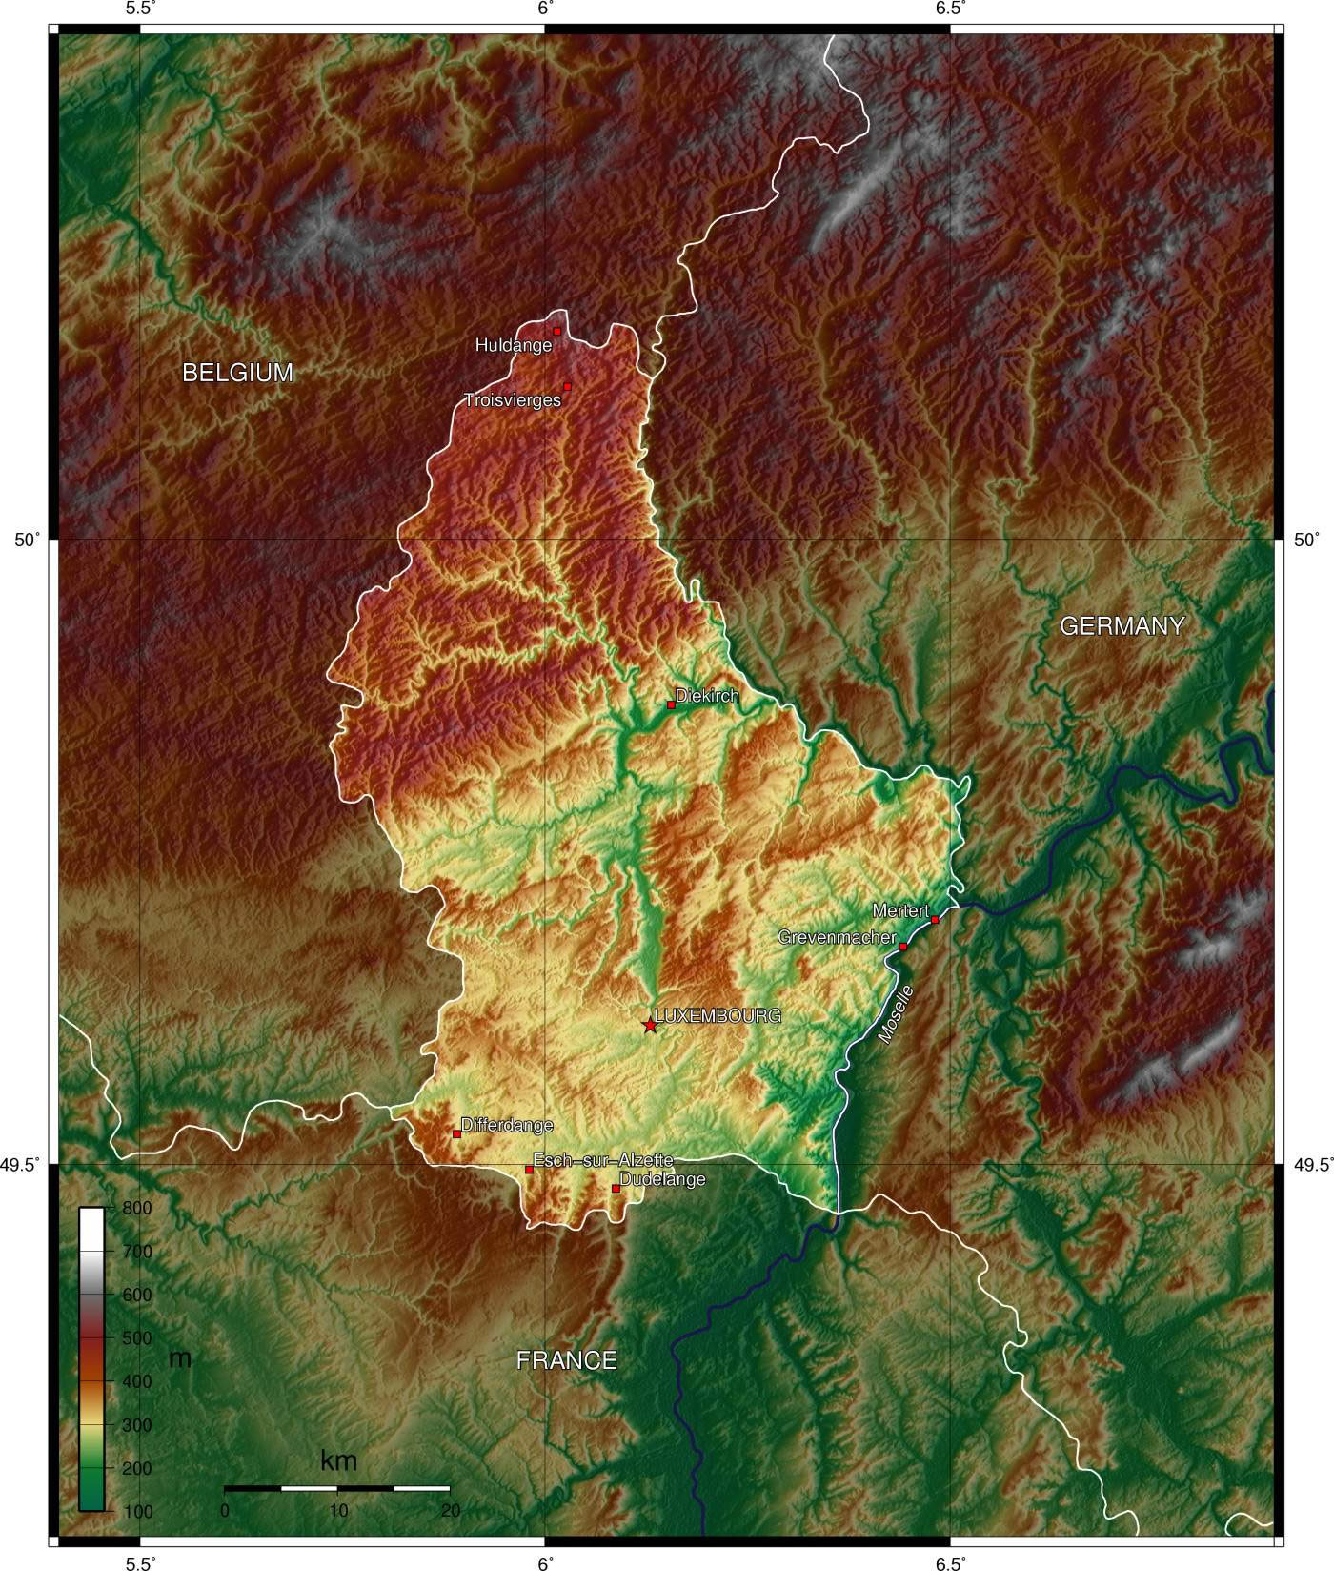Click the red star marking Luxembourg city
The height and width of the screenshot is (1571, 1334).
(x=650, y=1026)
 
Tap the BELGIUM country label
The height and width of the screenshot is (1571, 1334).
(x=237, y=373)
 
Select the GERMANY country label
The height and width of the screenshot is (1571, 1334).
(x=1122, y=626)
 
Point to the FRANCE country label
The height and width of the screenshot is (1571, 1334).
(x=566, y=1360)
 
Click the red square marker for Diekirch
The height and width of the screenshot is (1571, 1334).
(x=671, y=705)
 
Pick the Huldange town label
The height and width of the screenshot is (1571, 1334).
(x=514, y=346)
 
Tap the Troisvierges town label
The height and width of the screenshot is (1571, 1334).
(x=512, y=400)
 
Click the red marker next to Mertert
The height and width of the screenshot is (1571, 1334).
(x=935, y=919)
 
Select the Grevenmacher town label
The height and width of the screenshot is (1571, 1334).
(x=837, y=938)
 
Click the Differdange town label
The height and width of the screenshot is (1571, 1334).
(x=507, y=1126)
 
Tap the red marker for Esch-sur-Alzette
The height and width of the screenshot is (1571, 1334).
(x=529, y=1170)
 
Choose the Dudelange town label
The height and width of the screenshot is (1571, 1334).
(x=662, y=1180)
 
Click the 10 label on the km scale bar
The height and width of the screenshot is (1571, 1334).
(x=337, y=1511)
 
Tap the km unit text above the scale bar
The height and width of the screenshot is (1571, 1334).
(x=338, y=1459)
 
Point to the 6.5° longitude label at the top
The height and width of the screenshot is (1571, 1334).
(x=950, y=9)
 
